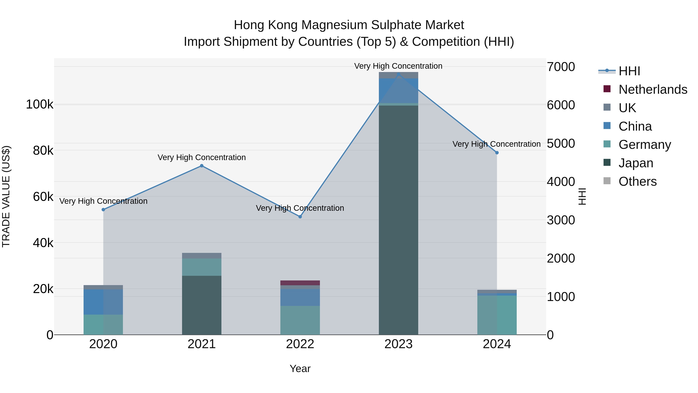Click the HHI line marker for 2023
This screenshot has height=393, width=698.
coord(398,74)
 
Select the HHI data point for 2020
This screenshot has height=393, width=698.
coord(103,210)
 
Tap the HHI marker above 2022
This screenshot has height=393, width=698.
coord(300,217)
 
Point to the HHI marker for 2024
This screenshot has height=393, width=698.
coord(497,153)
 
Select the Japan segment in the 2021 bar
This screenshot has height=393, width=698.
coord(202,305)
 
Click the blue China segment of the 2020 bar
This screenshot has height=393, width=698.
coord(103,302)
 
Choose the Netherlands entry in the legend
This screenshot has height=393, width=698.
coord(652,89)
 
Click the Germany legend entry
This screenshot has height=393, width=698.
coord(644,145)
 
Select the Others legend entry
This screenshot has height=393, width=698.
coord(637,181)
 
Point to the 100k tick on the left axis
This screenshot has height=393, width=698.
coord(40,104)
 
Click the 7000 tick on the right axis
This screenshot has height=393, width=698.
coord(561,67)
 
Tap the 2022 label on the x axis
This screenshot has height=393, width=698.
coord(300,344)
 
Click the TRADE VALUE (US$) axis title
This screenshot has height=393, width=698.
coord(6,196)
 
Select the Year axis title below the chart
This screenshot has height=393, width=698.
coord(300,369)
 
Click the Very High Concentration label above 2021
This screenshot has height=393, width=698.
coord(202,157)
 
